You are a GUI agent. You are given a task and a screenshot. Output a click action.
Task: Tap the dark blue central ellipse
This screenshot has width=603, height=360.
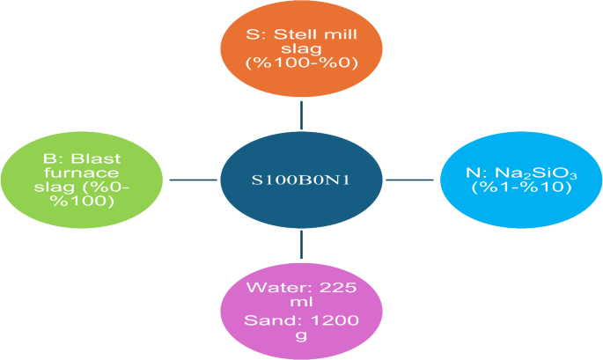pyautogui.click(x=301, y=179)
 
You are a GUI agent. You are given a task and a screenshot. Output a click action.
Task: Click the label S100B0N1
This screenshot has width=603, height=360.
pyautogui.click(x=301, y=180)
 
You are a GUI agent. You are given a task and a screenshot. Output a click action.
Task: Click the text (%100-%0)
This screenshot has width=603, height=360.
pyautogui.click(x=301, y=66)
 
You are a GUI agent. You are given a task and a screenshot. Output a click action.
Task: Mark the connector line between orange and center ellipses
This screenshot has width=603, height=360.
pyautogui.click(x=301, y=114)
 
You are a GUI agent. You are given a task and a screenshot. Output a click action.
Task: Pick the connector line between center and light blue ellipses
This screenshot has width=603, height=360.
pyautogui.click(x=410, y=180)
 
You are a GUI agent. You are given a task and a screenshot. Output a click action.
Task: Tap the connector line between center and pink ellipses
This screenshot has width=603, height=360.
pyautogui.click(x=301, y=244)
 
